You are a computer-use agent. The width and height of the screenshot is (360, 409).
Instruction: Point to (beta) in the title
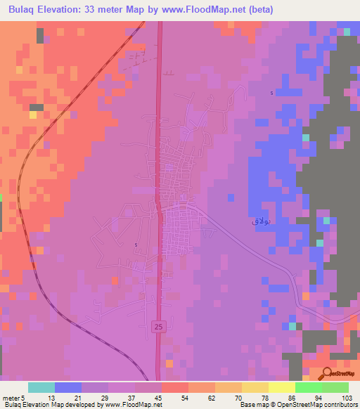tap(258, 10)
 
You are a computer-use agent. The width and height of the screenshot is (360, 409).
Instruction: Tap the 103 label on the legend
tap(347, 398)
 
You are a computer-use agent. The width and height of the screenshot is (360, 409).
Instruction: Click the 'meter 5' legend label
tap(14, 398)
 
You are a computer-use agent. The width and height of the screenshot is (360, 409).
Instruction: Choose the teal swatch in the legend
tap(41, 387)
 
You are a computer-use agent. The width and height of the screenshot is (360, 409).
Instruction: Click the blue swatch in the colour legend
tap(68, 387)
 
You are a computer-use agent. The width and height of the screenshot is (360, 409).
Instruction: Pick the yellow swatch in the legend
tap(255, 387)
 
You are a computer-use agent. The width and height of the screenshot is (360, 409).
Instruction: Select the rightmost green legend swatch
tap(335, 387)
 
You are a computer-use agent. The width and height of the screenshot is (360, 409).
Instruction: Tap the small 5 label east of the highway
tap(271, 93)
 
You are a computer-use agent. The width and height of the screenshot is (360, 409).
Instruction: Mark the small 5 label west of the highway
tap(136, 245)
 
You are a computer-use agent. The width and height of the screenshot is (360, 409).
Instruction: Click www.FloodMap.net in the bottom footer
tap(122, 405)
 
